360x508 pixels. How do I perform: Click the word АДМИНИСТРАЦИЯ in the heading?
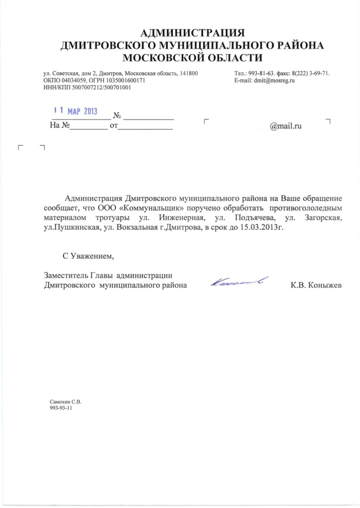(193, 34)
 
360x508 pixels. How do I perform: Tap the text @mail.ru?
(286, 126)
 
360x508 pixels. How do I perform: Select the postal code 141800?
(189, 73)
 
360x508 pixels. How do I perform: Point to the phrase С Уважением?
(88, 256)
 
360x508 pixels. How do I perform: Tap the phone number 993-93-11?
(62, 407)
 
